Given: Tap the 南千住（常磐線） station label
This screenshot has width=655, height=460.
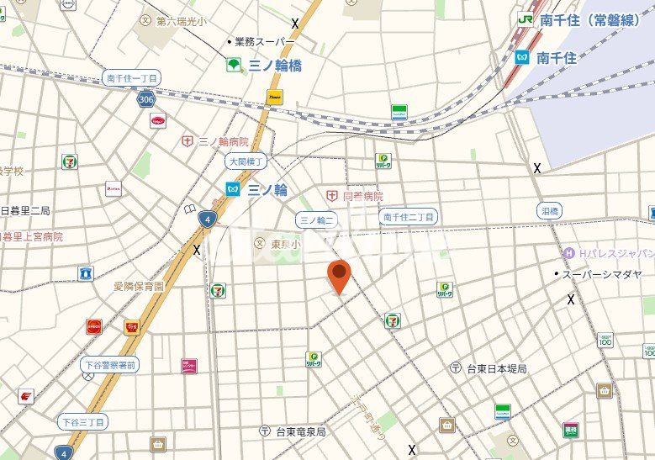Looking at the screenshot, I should click(x=588, y=20).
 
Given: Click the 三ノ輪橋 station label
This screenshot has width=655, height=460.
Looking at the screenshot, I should click(x=274, y=65).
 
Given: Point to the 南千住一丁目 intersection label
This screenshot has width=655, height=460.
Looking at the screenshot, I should click(x=133, y=77).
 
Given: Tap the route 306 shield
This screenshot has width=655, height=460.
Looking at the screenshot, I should click(x=147, y=98).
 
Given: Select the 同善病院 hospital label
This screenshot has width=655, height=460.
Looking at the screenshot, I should click(x=362, y=195).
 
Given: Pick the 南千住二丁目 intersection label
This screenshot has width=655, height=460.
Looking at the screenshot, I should click(x=409, y=217).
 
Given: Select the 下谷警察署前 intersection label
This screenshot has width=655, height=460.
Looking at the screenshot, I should click(x=110, y=365).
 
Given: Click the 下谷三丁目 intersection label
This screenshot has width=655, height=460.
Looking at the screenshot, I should click(x=82, y=420).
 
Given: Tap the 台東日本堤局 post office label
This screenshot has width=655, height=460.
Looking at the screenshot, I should click(x=496, y=368).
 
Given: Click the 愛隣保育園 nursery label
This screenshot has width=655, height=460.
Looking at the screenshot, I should click(x=139, y=286).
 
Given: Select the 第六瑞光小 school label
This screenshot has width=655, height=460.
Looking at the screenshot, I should click(x=180, y=19).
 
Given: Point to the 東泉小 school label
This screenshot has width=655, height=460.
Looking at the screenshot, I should click(x=285, y=244).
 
